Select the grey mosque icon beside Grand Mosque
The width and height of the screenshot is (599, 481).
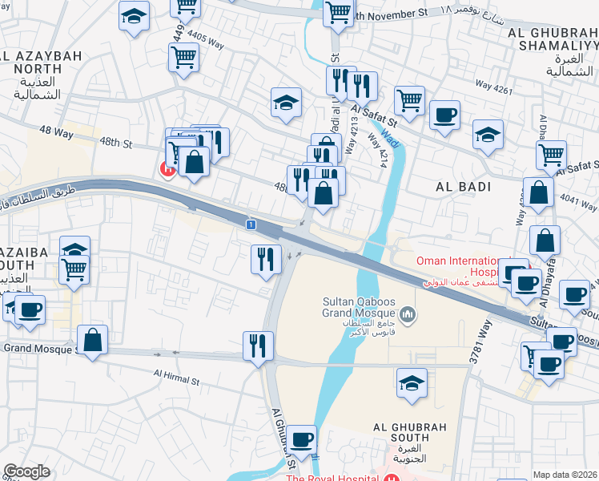(x=409, y=314)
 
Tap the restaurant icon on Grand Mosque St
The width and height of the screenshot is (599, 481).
(x=258, y=346)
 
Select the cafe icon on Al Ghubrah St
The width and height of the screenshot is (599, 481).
(x=302, y=439)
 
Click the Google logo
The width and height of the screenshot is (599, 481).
(x=26, y=471)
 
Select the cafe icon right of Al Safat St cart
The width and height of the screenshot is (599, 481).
(x=444, y=115)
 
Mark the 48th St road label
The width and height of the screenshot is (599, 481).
(x=115, y=142)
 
